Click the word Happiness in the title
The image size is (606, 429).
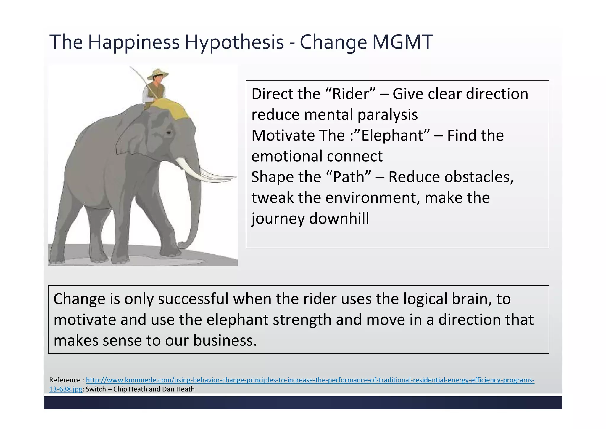[133, 42]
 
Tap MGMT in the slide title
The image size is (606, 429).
[402, 42]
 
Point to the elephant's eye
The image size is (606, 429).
[169, 133]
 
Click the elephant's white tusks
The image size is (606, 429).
[204, 173]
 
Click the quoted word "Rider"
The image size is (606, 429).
[351, 94]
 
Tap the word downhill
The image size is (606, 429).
[339, 219]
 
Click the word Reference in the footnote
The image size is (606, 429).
[65, 380]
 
